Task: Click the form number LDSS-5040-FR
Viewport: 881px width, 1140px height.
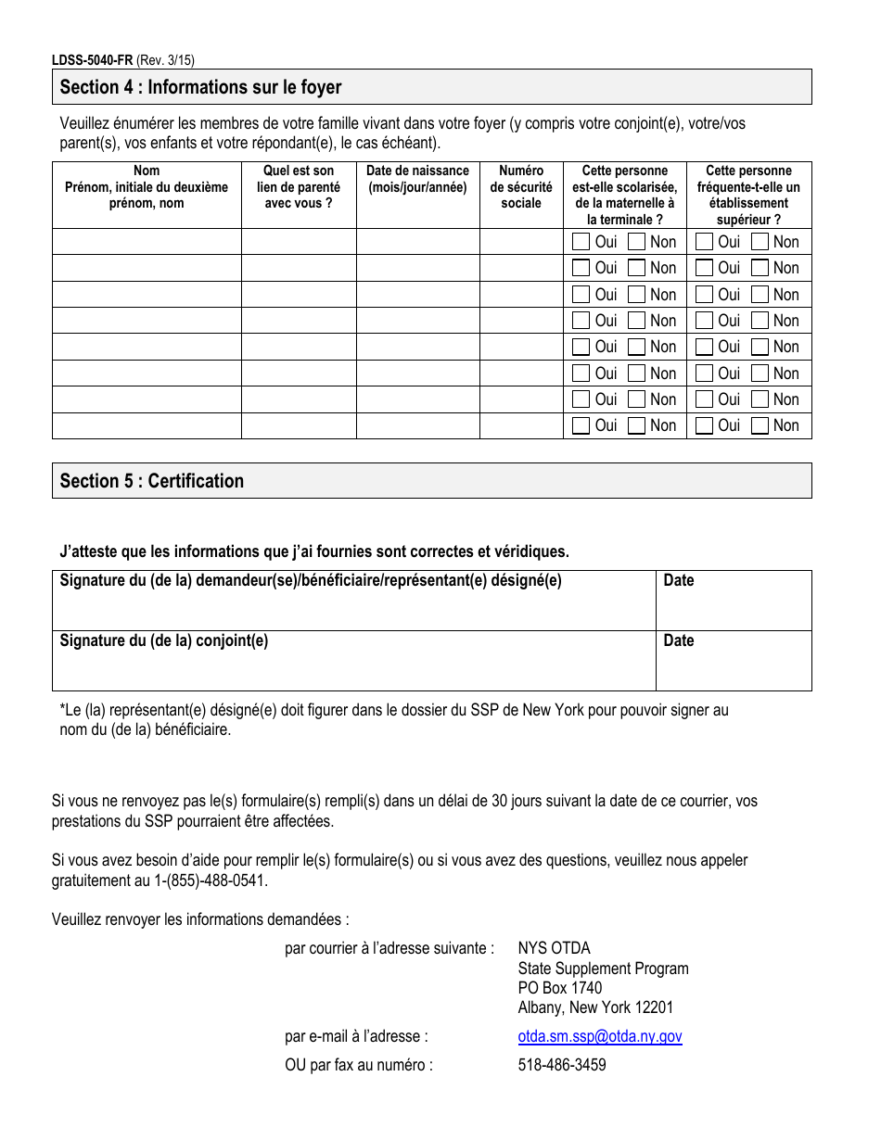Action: (92, 60)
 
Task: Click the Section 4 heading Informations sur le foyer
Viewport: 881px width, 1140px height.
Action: (200, 88)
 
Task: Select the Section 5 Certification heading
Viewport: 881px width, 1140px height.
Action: (152, 481)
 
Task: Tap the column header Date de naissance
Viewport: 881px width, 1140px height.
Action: (417, 179)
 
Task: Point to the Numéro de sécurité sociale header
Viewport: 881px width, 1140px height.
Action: (520, 187)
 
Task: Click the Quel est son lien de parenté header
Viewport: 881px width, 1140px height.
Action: (299, 187)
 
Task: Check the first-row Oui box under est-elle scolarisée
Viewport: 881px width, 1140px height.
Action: (581, 242)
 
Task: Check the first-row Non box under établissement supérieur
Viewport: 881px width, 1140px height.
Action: (760, 242)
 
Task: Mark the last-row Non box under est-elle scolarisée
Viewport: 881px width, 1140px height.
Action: (637, 425)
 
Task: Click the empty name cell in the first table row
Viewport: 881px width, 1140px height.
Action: (147, 242)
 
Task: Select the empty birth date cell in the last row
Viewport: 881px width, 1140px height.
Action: (417, 425)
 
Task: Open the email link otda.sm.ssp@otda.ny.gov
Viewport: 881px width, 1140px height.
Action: (600, 1037)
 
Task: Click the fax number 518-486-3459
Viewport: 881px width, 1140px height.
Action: (562, 1065)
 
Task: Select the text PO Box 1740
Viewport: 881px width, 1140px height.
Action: (560, 988)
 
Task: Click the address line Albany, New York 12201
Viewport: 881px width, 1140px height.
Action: (595, 1007)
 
